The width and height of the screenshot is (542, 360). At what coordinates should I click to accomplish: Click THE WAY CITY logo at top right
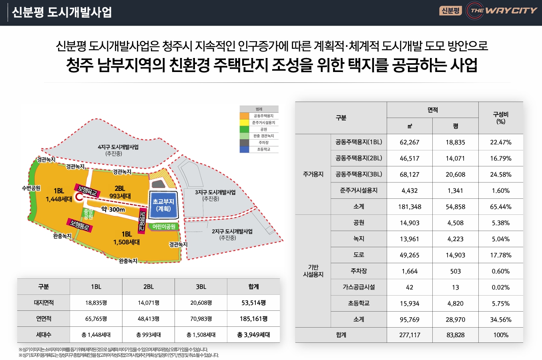coord(502,11)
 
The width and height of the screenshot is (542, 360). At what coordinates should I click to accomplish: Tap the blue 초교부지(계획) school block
coord(163,205)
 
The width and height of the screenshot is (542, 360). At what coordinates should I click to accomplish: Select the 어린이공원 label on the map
coord(164,226)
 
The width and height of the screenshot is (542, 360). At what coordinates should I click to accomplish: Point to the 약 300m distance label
coord(113,209)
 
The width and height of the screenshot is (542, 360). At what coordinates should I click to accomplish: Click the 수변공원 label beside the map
coord(31,188)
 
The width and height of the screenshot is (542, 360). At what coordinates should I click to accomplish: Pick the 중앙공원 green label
coord(88,214)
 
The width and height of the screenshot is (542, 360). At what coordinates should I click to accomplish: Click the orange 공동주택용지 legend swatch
coord(245,116)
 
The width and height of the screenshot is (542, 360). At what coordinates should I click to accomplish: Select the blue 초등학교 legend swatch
coord(245,149)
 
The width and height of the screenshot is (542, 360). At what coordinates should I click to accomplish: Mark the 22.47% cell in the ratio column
coord(500,142)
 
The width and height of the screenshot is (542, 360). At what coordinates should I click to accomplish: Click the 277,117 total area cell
coord(410,335)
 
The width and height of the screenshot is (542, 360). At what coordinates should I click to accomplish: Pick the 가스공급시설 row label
coord(359,287)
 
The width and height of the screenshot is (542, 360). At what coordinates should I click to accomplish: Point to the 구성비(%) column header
coord(500,118)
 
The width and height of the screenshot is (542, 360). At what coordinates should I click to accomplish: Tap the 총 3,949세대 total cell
coord(253,335)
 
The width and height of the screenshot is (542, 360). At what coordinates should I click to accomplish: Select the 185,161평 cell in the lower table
coord(253,319)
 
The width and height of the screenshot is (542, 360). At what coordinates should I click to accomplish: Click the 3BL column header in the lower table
coord(201,287)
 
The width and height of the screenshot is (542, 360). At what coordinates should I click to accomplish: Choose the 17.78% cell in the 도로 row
coord(500,255)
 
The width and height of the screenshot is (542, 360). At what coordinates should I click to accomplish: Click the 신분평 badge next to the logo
coord(451,11)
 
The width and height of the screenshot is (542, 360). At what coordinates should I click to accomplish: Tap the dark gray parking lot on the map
coord(159,184)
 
